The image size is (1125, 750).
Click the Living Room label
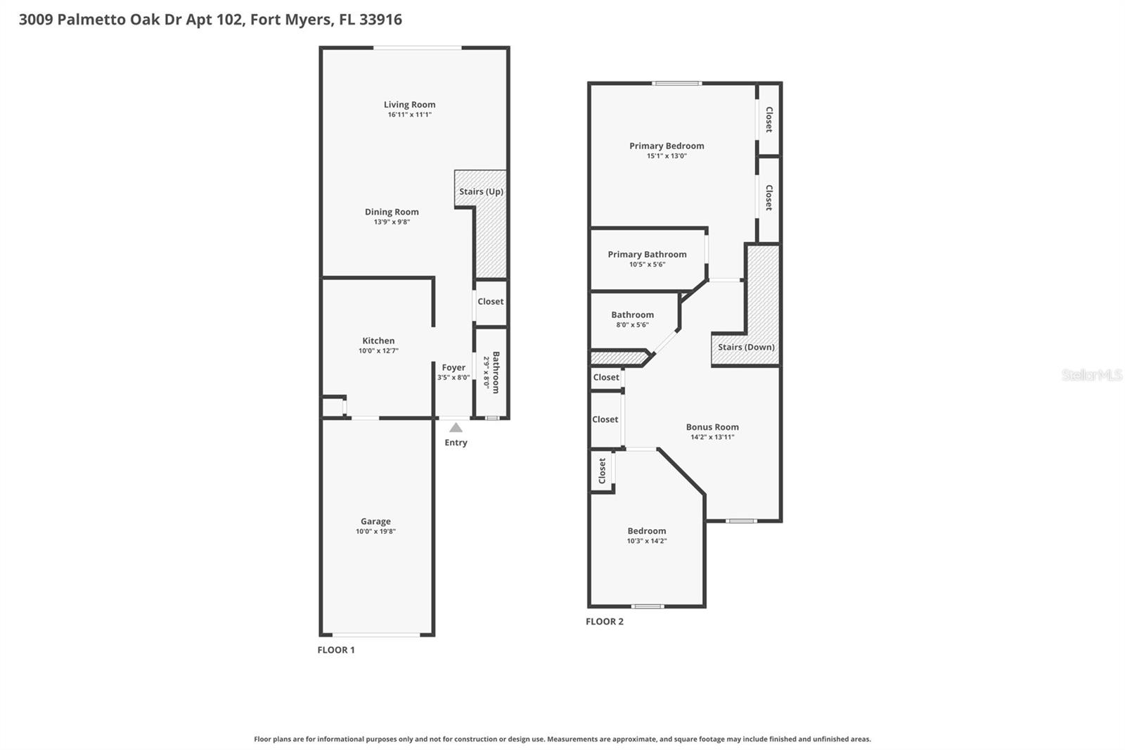tap(409, 105)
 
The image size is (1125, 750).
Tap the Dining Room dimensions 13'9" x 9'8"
tap(392, 222)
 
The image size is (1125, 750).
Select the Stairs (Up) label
tap(481, 191)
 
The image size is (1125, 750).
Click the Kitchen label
tap(378, 341)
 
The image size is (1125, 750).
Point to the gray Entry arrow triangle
tap(456, 428)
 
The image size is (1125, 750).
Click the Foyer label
tap(454, 367)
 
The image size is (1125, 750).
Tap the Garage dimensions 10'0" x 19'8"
tap(375, 532)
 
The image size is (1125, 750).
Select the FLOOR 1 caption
tap(336, 650)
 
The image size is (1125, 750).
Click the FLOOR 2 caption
tap(605, 622)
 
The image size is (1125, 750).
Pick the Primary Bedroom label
tap(667, 146)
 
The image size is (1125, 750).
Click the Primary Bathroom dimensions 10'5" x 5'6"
tap(647, 265)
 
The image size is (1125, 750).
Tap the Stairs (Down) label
tap(746, 347)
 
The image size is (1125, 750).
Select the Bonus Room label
tap(712, 427)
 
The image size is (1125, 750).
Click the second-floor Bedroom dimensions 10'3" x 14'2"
tap(647, 541)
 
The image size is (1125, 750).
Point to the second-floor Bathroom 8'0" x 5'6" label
tap(632, 315)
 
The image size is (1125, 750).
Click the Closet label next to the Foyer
tap(490, 301)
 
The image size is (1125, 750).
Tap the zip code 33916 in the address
tap(380, 20)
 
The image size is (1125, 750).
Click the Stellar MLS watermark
tap(1091, 375)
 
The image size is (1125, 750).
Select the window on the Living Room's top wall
tap(417, 48)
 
